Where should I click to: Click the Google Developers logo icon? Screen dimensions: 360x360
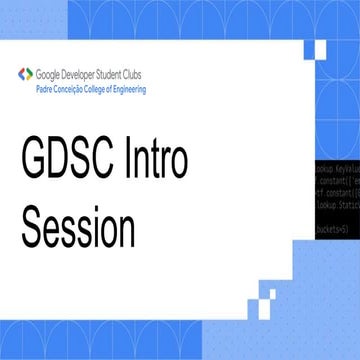pos(24,74)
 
